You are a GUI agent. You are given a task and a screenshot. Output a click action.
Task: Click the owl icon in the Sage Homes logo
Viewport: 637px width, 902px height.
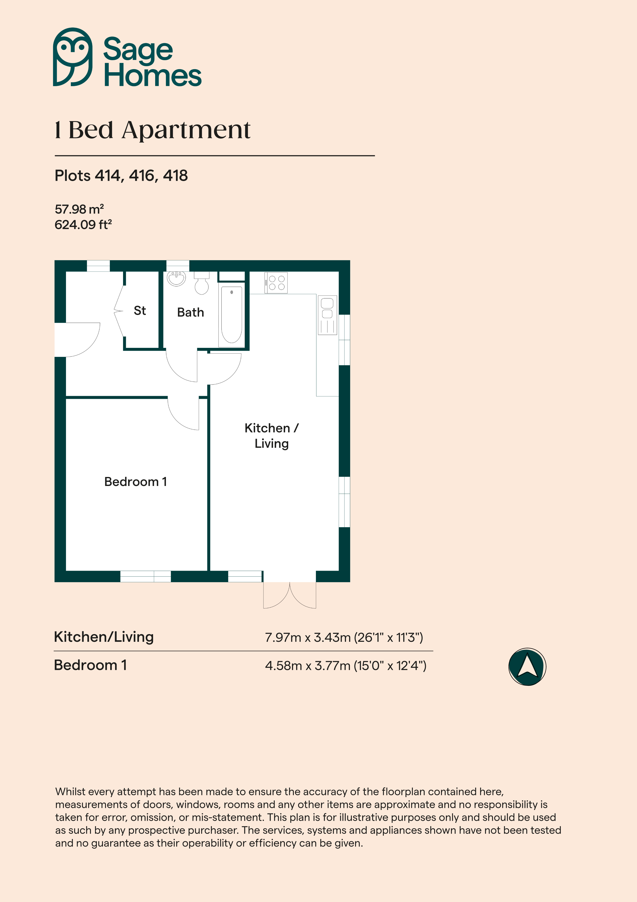[73, 57]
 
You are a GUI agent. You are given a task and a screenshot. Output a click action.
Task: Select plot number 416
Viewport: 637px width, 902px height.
[141, 176]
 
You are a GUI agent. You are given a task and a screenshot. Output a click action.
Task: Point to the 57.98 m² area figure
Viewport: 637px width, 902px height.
[79, 209]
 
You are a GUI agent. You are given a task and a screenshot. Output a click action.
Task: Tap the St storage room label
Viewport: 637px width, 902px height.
[140, 311]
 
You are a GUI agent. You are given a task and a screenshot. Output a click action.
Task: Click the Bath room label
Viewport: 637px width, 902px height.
[190, 312]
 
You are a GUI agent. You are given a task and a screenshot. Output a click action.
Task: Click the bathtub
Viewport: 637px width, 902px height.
[232, 316]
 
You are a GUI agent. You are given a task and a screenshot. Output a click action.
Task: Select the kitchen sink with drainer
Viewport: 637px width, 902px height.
[327, 315]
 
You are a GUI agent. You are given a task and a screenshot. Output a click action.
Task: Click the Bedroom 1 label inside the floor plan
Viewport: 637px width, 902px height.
[135, 482]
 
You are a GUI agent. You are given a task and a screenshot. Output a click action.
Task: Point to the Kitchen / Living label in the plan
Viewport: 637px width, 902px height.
[271, 436]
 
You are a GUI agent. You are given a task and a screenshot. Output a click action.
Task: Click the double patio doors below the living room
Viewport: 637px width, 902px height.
[290, 595]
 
